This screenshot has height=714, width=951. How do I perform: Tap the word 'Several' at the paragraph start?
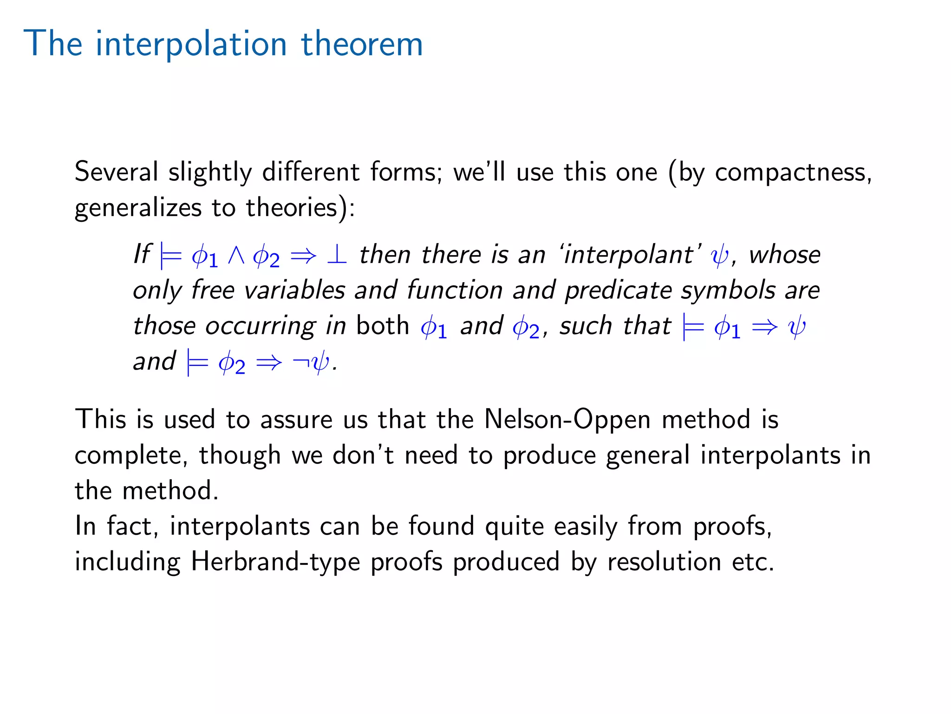point(116,172)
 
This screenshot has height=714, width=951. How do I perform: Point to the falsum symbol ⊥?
point(337,255)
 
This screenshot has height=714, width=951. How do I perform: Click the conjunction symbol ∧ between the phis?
point(236,255)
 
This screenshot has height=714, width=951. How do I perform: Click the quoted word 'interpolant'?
point(630,255)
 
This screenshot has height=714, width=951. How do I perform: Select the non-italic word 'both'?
point(383,325)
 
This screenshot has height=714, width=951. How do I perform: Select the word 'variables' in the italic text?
point(294,291)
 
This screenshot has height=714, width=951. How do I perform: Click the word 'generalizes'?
point(138,208)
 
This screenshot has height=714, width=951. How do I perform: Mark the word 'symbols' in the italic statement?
point(728,291)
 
